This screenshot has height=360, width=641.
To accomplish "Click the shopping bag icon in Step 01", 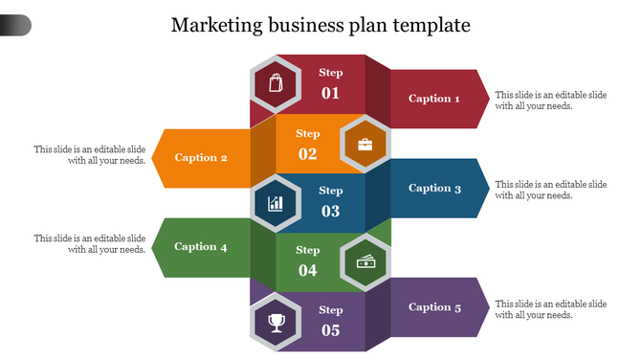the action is pos(276,83).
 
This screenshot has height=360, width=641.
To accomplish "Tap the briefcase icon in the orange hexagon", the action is pos(365,145).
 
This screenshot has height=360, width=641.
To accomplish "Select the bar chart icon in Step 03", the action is pos(276,203).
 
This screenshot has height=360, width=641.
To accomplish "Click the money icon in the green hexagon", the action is pos(365,262).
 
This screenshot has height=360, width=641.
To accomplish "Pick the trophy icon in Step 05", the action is pos(276,322).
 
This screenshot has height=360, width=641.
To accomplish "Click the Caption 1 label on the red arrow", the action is pos(434,99).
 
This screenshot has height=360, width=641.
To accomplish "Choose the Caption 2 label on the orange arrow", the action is pos(201,158).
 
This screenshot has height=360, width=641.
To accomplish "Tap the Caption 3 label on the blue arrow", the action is pos(434,189).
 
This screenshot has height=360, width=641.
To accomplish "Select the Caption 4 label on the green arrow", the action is pos(201,247).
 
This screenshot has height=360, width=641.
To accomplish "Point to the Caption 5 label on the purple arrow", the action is pos(434,307).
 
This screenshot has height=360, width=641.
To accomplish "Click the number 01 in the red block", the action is pos(330,94).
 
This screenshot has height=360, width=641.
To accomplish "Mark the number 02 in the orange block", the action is pos(307,154).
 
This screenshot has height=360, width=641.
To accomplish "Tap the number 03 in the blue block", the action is pos(330,212).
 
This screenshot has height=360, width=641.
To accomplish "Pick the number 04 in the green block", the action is pos(307,271).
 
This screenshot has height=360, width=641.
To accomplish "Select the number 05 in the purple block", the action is pos(330,331).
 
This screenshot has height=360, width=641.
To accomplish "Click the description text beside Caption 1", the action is pos(551,101).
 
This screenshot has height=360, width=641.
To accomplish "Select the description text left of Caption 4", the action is pos(90,243).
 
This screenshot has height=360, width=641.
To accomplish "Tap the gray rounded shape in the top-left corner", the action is pos(15,25).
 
